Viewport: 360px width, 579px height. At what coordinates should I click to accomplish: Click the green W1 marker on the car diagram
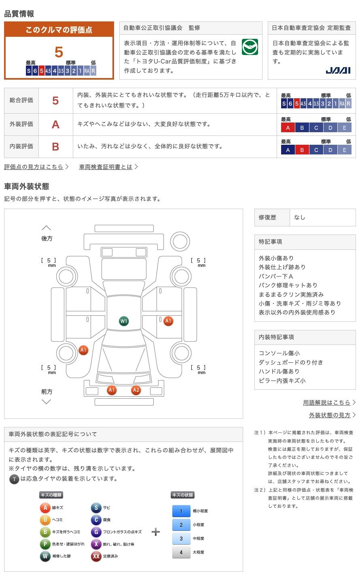tap(124, 321)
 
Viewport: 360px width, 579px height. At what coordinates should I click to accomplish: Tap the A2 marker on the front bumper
tap(136, 390)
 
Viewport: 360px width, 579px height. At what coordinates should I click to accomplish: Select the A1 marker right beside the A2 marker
tap(112, 390)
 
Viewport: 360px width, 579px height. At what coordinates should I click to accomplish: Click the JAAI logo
tap(338, 70)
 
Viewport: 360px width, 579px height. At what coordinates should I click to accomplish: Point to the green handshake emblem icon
tap(250, 47)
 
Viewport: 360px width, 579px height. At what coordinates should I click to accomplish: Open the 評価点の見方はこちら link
tap(34, 167)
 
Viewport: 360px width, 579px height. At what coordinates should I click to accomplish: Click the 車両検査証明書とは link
tap(106, 167)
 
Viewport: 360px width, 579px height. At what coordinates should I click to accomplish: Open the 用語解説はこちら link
tap(326, 402)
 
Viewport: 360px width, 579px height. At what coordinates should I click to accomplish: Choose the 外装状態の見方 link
tap(330, 415)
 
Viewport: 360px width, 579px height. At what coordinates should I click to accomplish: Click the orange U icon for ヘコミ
tap(45, 520)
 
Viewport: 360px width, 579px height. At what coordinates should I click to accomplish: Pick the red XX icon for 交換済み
tap(96, 556)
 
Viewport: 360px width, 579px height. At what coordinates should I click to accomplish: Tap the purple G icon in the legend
tap(96, 532)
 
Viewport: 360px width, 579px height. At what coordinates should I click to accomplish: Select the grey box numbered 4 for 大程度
tap(181, 552)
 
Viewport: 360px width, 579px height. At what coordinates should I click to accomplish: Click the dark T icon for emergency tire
tap(14, 479)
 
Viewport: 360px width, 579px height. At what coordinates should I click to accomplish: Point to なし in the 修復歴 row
tap(300, 218)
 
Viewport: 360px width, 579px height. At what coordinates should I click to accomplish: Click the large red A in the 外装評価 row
tap(55, 125)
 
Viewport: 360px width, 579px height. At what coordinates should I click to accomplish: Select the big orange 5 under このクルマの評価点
tap(59, 52)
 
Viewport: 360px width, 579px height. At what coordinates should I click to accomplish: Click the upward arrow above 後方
tap(47, 228)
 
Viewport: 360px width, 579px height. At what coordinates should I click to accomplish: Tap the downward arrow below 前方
tap(47, 401)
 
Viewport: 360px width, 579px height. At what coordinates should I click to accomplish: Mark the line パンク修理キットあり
tap(288, 285)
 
